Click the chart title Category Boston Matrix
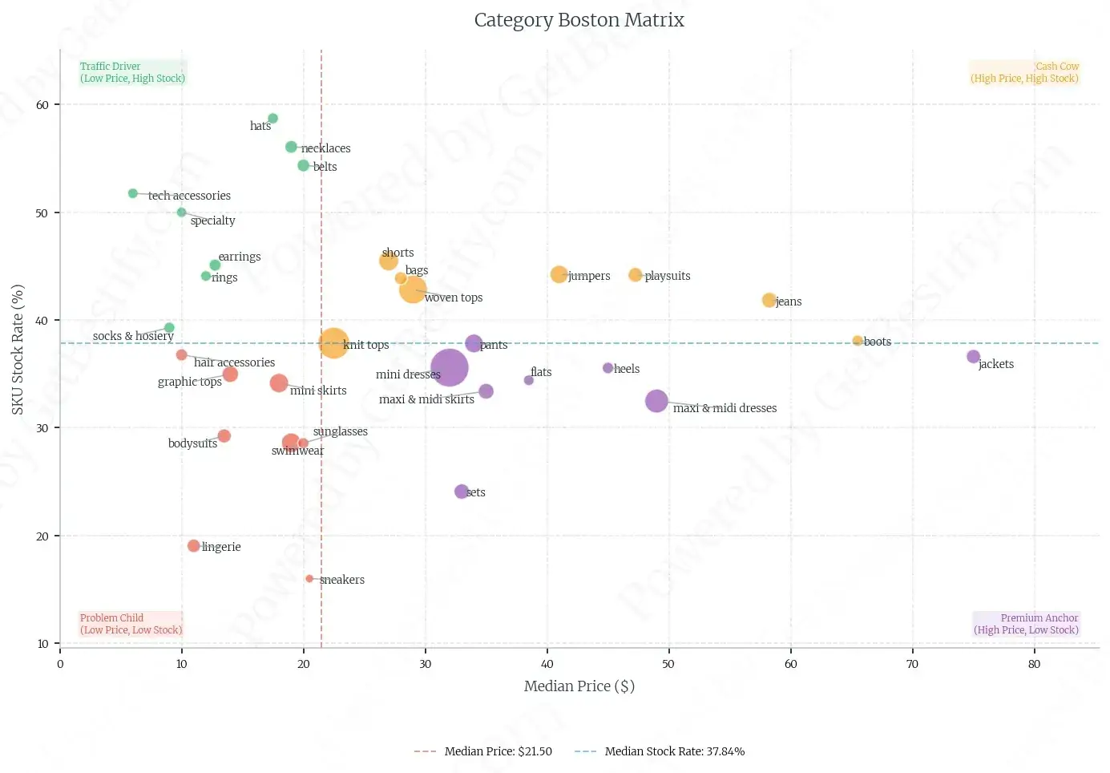coord(579,20)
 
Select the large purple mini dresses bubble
coord(450,368)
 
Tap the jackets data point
coord(973,357)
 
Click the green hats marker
coord(272,119)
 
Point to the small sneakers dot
coord(309,579)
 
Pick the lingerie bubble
coord(193,546)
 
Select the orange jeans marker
coord(769,300)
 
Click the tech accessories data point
coord(133,193)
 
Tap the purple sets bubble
coord(462,492)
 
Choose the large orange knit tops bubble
coord(333,344)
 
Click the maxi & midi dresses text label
coord(725,408)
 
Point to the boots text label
coord(878,342)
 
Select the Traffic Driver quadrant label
coord(132,72)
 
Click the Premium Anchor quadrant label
coord(1026,624)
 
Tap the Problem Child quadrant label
coord(131,624)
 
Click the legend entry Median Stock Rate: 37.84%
coord(674,751)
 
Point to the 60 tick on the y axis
coord(42,105)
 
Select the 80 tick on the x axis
coord(1034,664)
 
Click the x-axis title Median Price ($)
coord(579,686)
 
